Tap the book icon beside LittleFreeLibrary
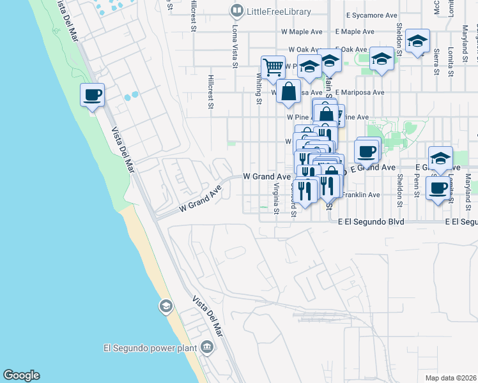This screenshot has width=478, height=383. (237, 11)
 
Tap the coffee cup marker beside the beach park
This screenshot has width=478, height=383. (92, 95)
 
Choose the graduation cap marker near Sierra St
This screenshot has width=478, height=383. (417, 41)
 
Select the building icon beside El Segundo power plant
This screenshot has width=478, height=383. (207, 348)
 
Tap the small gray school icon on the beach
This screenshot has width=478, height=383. (166, 307)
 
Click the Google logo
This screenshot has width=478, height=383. (21, 375)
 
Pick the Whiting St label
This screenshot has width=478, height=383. (259, 87)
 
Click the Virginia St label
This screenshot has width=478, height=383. (276, 198)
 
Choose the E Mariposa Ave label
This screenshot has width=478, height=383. (360, 92)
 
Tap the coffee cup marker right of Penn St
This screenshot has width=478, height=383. (438, 188)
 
